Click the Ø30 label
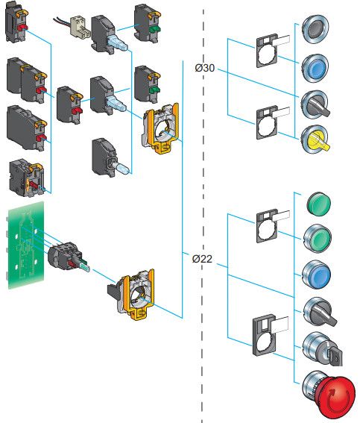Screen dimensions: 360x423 tap(205, 68)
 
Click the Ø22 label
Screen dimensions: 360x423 tap(203, 259)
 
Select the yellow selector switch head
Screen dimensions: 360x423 tap(315, 140)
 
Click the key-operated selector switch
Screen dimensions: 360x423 tap(322, 348)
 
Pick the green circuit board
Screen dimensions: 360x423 tap(26, 245)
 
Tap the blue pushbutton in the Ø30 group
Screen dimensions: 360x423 tap(315, 68)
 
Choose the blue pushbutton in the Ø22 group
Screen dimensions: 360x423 tap(316, 275)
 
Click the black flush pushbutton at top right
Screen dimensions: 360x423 tap(315, 29)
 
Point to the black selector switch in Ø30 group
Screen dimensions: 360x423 tap(315, 104)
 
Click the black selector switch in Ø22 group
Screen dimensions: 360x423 tap(319, 312)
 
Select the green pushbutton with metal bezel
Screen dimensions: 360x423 tap(318, 238)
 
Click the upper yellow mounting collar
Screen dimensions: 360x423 tap(160, 128)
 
